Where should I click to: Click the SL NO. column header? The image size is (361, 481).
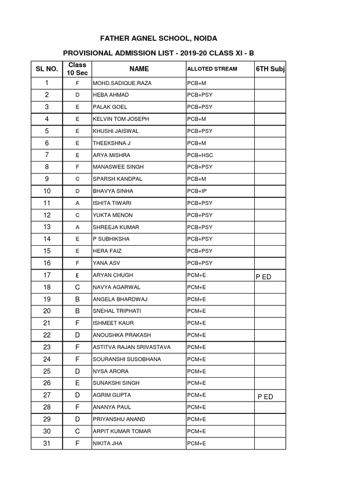pyautogui.click(x=47, y=69)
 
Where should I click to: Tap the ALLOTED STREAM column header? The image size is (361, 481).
pyautogui.click(x=212, y=69)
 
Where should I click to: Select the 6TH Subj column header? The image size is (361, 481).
pyautogui.click(x=270, y=69)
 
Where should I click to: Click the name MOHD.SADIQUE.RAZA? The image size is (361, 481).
pyautogui.click(x=122, y=83)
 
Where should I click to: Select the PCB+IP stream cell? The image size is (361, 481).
pyautogui.click(x=197, y=191)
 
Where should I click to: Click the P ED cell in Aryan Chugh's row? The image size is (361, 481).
pyautogui.click(x=264, y=277)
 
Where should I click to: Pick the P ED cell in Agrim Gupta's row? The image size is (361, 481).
pyautogui.click(x=265, y=397)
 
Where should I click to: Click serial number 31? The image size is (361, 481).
pyautogui.click(x=47, y=443)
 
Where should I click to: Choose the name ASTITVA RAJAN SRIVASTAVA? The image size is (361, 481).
pyautogui.click(x=132, y=347)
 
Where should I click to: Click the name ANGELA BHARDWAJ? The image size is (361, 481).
pyautogui.click(x=119, y=299)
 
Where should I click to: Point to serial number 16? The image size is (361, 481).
pyautogui.click(x=47, y=263)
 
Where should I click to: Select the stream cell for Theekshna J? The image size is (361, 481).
pyautogui.click(x=196, y=143)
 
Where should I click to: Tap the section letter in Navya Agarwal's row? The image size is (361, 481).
pyautogui.click(x=78, y=287)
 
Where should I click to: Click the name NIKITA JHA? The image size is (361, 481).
pyautogui.click(x=108, y=443)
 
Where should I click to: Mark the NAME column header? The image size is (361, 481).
pyautogui.click(x=139, y=69)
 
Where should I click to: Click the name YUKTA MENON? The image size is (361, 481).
pyautogui.click(x=113, y=215)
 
